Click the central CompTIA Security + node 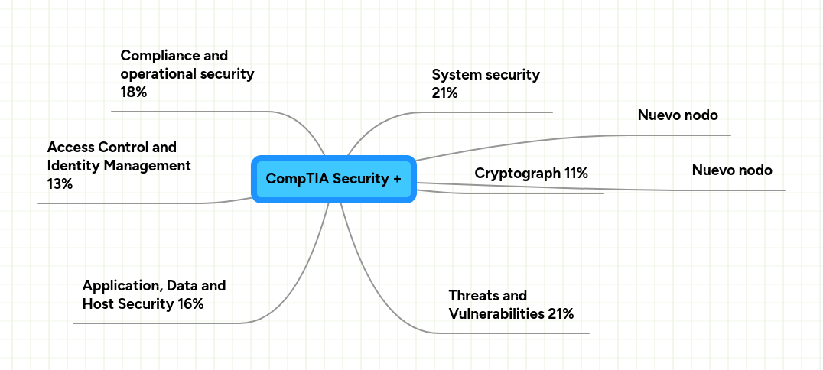coord(333,179)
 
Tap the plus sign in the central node coord(396,179)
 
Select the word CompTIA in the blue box coord(291,179)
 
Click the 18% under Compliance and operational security coord(134,92)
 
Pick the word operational coord(156,73)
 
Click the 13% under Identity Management coord(60,183)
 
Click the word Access coord(67,147)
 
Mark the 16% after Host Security coord(190,304)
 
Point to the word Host coord(98,304)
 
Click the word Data coord(184,286)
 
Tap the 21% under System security coord(444,93)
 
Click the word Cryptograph coord(517,174)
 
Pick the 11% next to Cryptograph coord(576,174)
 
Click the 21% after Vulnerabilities coord(561,313)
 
